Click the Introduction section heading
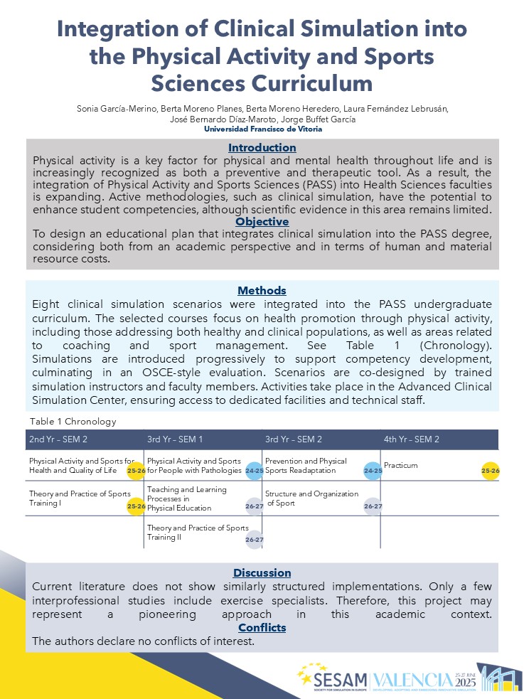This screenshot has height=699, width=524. pos(262,148)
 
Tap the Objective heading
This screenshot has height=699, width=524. pos(262,222)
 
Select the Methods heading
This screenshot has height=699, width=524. pos(262,290)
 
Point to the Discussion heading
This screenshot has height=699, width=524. pos(262,573)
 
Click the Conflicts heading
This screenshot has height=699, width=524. pos(262,628)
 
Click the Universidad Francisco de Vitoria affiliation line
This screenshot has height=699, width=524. pos(262,129)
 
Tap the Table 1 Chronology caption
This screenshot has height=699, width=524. pos(73,421)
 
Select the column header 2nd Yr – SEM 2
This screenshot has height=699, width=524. pos(58,439)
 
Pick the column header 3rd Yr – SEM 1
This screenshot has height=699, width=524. pos(175,439)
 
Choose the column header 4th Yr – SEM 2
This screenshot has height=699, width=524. pos(411,439)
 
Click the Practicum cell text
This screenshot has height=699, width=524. pos(400,466)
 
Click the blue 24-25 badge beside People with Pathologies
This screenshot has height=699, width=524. pos(255,471)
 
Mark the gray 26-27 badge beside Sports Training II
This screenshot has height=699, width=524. pos(255,540)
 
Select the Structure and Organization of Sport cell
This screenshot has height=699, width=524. pos(311,498)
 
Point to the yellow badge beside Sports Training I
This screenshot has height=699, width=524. pos(136,506)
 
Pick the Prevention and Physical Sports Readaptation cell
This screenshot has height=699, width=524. pos(306,466)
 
